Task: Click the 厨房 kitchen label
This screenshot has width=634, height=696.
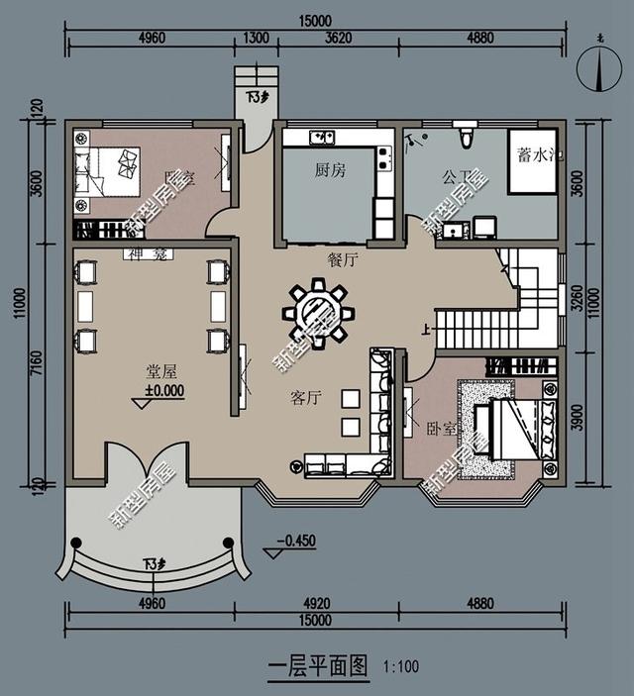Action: coord(330,170)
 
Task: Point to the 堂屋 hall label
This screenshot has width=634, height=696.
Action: coord(161,371)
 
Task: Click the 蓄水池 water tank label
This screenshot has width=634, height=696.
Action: coord(536,155)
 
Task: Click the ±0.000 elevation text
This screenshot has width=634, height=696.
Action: coord(164,390)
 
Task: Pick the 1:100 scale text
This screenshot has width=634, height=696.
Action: coord(400,667)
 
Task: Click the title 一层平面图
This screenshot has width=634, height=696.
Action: coord(318,664)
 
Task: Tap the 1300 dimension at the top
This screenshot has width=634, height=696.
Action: coord(255,39)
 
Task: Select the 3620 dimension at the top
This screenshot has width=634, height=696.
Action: coord(339,39)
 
